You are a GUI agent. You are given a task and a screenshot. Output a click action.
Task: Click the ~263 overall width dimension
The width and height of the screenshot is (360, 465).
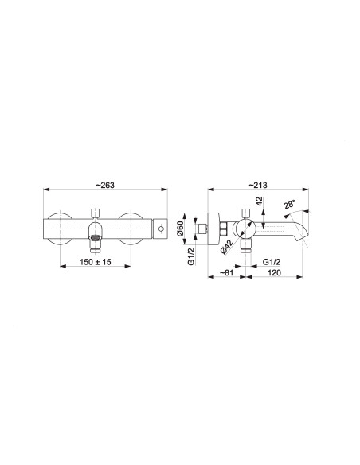point(105,185)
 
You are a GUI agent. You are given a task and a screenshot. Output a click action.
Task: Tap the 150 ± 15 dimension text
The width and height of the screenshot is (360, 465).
point(96,262)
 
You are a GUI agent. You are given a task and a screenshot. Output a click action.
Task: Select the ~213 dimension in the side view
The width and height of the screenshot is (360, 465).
point(258,185)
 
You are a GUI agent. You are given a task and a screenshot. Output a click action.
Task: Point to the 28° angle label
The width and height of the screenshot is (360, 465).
point(289,205)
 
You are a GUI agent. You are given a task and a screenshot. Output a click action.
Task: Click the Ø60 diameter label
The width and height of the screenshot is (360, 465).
point(181,229)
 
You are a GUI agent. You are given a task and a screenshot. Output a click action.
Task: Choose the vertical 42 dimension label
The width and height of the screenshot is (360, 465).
point(260,201)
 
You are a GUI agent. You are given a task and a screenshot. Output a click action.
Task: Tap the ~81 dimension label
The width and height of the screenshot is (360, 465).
point(226,272)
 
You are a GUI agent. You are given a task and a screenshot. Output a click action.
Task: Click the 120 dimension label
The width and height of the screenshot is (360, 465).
point(274,272)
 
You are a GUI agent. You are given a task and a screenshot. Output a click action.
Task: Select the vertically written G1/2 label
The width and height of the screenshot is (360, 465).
point(191,256)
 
